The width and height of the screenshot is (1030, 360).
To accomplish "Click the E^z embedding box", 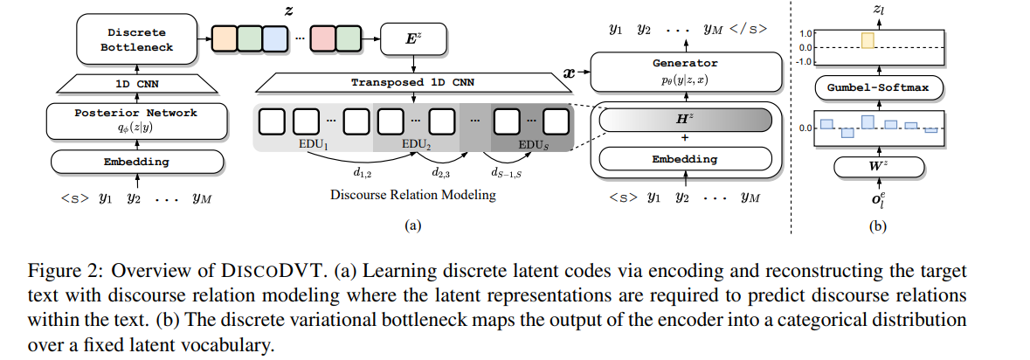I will (412, 38).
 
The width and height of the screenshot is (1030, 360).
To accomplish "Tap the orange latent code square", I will (226, 39).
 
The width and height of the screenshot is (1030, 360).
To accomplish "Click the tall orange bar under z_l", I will (867, 40).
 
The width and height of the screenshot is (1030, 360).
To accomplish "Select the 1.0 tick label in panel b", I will (805, 33).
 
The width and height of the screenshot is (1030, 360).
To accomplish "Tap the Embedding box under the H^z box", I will (685, 159).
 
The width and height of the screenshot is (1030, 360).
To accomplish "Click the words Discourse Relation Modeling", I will (412, 195).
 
